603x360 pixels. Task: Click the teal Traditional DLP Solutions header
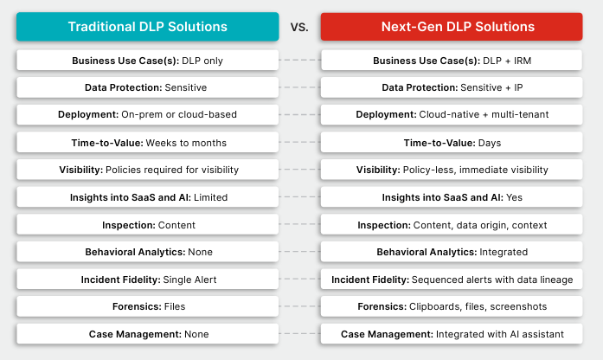148,27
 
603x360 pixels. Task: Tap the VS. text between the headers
300,27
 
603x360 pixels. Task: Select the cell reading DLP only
148,61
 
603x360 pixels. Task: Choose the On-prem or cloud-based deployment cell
148,115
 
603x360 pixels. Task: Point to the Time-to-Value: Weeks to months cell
148,142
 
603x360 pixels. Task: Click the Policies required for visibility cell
148,170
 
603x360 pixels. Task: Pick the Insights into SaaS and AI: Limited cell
148,197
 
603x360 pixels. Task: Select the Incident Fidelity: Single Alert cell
148,280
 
